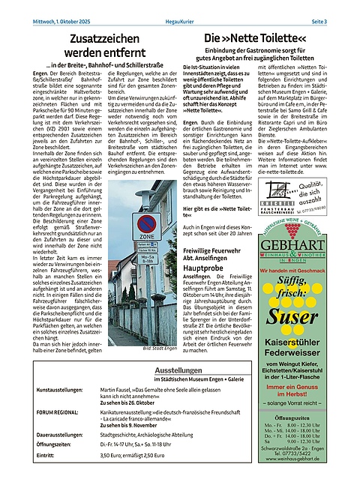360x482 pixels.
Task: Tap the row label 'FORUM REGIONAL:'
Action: [59, 412]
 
